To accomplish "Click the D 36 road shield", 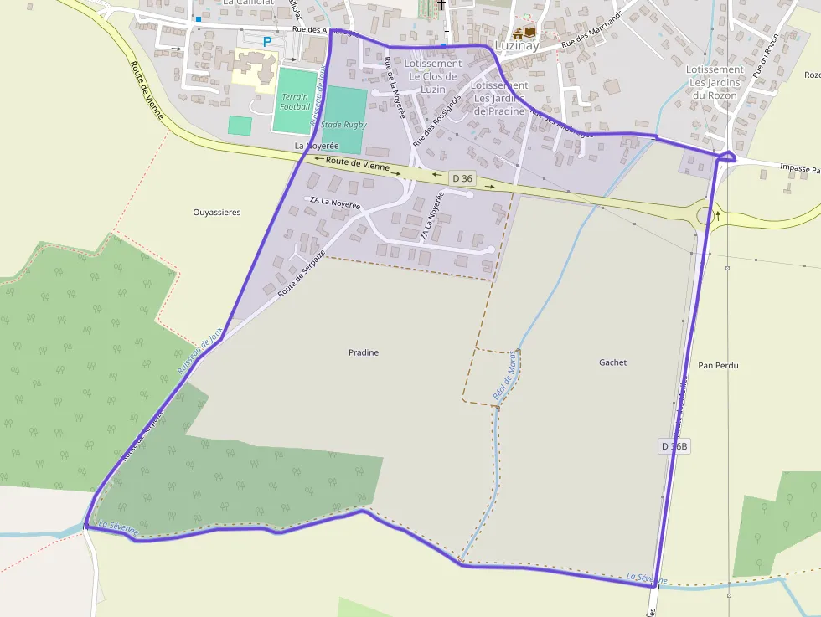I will click(462, 178).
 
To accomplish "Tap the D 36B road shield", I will click(674, 446).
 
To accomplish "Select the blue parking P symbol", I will click(267, 41).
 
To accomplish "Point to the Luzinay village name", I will click(517, 46).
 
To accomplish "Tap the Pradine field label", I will click(364, 352).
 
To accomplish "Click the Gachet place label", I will click(612, 362).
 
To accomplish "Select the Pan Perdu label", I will click(718, 366).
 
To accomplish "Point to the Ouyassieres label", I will click(217, 213).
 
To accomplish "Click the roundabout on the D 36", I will click(706, 216).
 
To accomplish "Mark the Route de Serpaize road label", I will click(301, 273).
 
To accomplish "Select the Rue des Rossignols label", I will click(436, 121).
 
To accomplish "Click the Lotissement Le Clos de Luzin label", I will click(432, 75).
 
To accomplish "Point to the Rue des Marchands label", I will click(593, 30).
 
